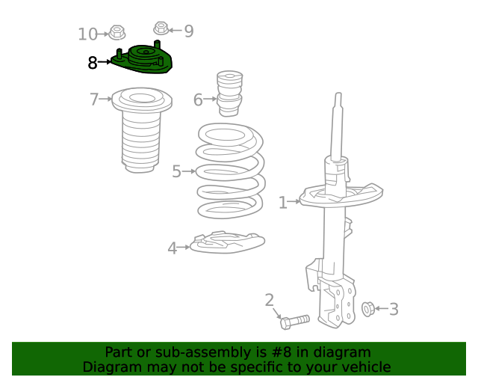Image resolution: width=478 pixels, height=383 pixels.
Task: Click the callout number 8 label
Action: (93, 63)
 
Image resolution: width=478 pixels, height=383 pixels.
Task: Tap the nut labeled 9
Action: (161, 29)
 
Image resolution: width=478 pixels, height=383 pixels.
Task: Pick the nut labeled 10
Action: (117, 32)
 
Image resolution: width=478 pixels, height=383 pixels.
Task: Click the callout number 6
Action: (198, 99)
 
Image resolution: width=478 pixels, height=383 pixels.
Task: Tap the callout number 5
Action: (177, 171)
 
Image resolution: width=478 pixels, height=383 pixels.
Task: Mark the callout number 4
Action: (172, 248)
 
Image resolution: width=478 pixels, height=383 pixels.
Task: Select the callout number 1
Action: (283, 202)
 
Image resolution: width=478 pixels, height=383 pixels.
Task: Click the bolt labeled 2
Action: (295, 322)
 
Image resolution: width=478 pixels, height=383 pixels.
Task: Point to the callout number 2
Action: (270, 301)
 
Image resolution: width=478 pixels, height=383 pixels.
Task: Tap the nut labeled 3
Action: (367, 308)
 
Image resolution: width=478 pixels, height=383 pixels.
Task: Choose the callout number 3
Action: (394, 309)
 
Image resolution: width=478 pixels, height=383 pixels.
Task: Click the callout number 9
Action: (188, 31)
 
